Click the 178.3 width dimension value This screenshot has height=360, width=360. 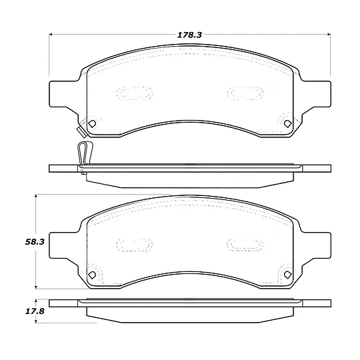click(189, 35)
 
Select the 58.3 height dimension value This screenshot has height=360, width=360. click(35, 242)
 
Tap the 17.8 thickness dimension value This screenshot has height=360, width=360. click(35, 311)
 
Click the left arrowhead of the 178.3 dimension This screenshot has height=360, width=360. click(51, 35)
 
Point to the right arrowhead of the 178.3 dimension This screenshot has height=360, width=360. click(328, 35)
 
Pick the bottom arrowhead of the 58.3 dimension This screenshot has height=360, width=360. click(35, 287)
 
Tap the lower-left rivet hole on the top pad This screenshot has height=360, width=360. click(92, 124)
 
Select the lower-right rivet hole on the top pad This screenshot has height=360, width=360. click(287, 124)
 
